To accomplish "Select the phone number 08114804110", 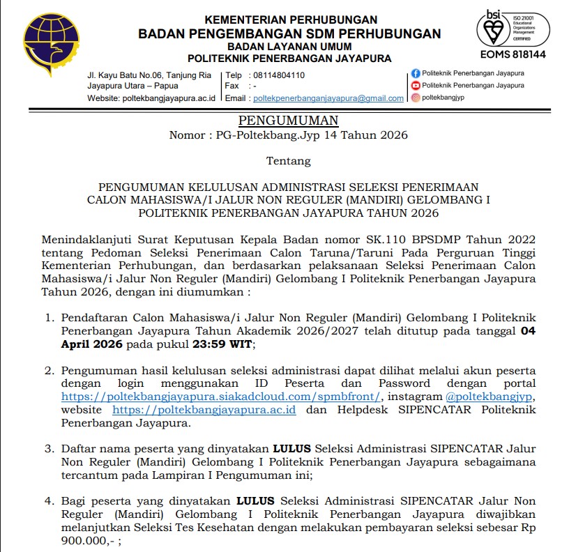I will (x=279, y=75).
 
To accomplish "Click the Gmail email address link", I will (x=328, y=98).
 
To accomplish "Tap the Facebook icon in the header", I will (x=416, y=73).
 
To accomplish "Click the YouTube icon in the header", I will (x=416, y=85).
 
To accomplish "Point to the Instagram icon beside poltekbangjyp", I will (x=416, y=98).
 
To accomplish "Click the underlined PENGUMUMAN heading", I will (x=288, y=120).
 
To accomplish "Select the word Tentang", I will (x=288, y=161).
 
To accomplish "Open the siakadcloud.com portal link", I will (x=221, y=396).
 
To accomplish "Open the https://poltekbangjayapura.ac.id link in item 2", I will (x=204, y=409).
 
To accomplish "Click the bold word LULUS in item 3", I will (x=293, y=449).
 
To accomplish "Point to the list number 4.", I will (x=49, y=500).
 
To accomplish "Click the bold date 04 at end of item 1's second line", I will (x=529, y=331).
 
